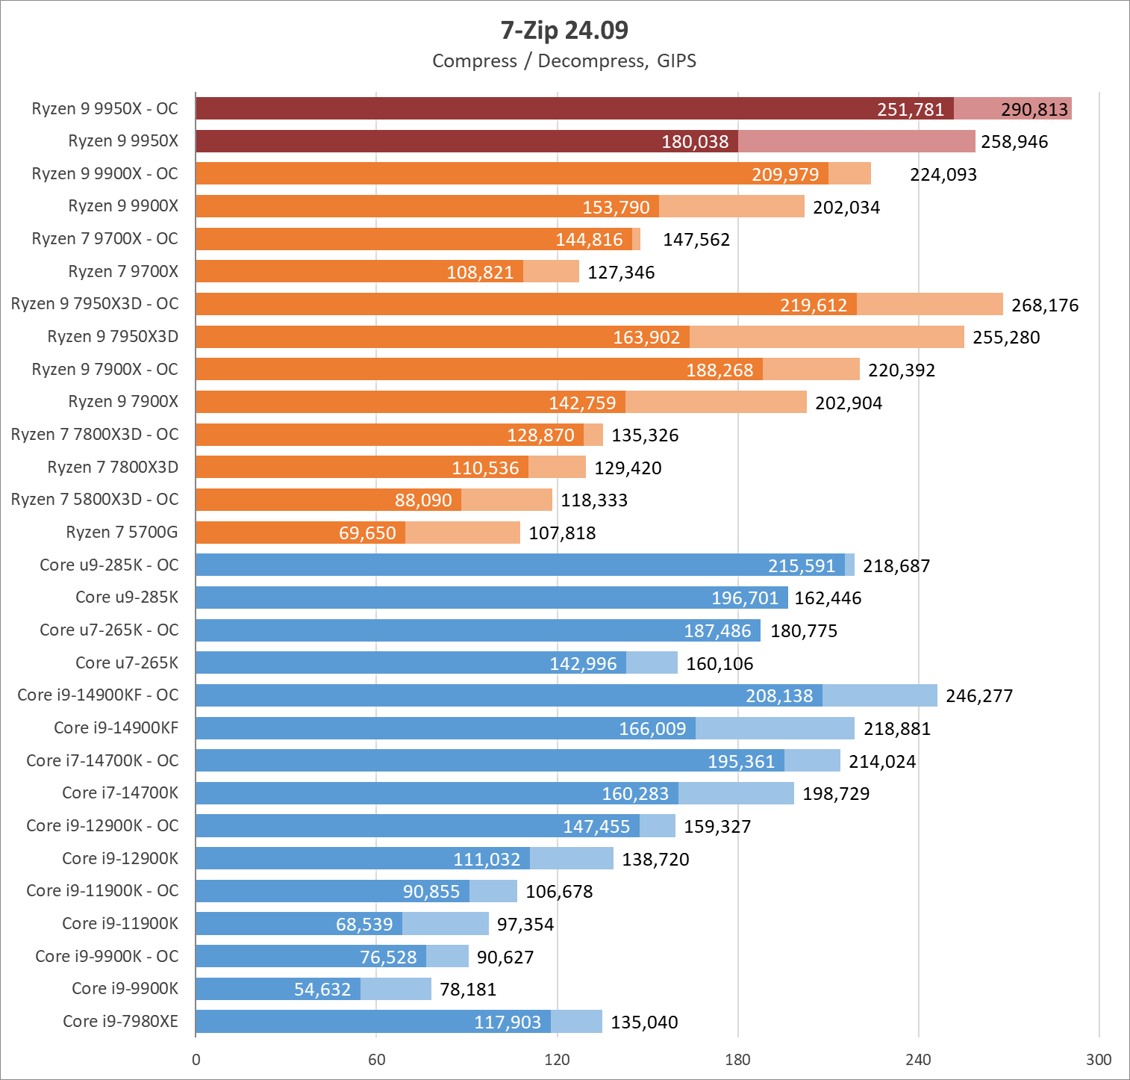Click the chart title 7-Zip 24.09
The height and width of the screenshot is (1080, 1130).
pyautogui.click(x=564, y=30)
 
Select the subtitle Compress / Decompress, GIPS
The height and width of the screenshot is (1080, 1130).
pyautogui.click(x=564, y=60)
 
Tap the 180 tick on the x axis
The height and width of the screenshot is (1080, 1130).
pyautogui.click(x=737, y=1059)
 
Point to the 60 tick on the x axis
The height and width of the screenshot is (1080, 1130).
pyautogui.click(x=376, y=1059)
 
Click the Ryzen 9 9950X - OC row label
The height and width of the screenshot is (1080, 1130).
pyautogui.click(x=104, y=108)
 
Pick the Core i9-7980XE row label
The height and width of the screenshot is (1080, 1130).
pyautogui.click(x=120, y=1021)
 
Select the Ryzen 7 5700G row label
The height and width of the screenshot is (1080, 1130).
pyautogui.click(x=122, y=532)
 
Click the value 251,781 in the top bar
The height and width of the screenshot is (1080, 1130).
pyautogui.click(x=911, y=109)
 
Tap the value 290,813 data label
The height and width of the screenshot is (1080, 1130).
pyautogui.click(x=1034, y=109)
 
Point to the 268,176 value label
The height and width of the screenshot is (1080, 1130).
pyautogui.click(x=1045, y=305)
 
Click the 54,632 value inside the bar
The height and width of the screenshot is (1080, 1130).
pyautogui.click(x=322, y=989)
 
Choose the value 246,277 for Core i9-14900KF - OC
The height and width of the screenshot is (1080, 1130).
pyautogui.click(x=979, y=696)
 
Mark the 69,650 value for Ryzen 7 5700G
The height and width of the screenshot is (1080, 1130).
pyautogui.click(x=367, y=533)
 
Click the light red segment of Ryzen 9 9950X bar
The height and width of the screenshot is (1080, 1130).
pyautogui.click(x=856, y=141)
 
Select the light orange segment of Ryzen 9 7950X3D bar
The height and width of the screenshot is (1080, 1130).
pyautogui.click(x=826, y=337)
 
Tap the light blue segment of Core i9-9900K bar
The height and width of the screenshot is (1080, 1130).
pyautogui.click(x=396, y=989)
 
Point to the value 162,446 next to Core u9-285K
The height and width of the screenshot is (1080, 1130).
pyautogui.click(x=828, y=598)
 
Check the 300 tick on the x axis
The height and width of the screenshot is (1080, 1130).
pyautogui.click(x=1099, y=1059)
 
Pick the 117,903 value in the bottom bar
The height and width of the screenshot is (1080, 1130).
pyautogui.click(x=508, y=1022)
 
